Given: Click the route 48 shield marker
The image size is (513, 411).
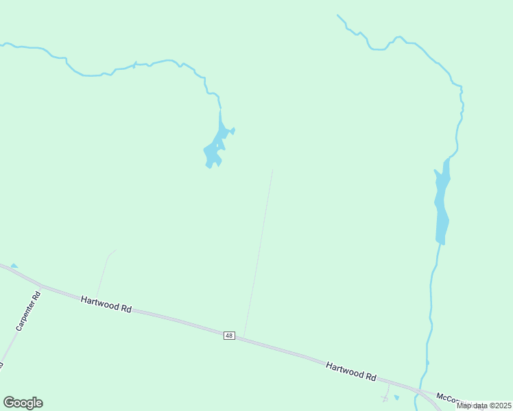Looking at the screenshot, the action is point(229,336).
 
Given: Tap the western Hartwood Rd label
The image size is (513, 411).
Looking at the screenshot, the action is point(106,304).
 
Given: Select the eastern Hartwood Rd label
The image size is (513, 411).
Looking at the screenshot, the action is point(351,371).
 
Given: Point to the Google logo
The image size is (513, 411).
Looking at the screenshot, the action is point(23,403).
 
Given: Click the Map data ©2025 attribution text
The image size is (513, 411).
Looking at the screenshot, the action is point(484,406).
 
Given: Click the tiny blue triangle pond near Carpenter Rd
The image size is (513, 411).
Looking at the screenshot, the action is point(14,266).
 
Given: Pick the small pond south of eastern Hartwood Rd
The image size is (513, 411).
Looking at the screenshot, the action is point(396,397).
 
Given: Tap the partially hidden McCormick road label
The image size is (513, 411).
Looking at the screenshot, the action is point(449,398).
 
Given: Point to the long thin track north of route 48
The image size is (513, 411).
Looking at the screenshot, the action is point(259,253).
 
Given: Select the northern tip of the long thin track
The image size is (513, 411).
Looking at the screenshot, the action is point(272,171).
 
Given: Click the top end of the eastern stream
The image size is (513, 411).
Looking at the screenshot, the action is point(337,15).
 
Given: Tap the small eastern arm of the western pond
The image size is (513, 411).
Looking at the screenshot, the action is point(232,130).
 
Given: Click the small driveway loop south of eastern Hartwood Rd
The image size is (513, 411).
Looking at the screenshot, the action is point(386,398).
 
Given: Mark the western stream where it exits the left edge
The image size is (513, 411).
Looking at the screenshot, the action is point(2,45).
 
